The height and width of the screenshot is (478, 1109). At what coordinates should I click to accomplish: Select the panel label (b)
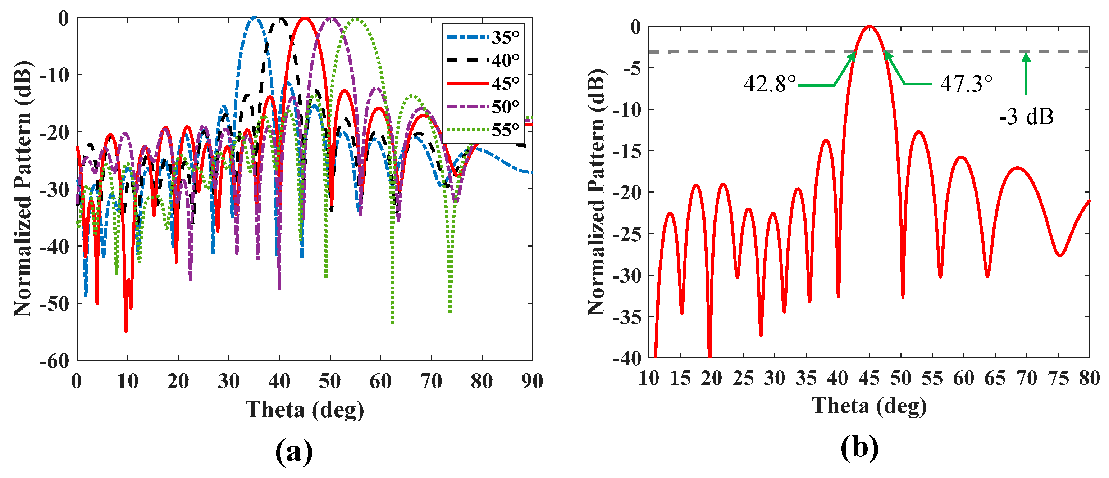(859, 448)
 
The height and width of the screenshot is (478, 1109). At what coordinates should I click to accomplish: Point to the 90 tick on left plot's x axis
(532, 382)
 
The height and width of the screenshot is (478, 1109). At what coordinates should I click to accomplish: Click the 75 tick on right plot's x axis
(1058, 378)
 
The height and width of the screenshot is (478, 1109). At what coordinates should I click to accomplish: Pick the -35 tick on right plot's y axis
(626, 317)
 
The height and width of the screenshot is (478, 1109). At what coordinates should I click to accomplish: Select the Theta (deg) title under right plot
(869, 406)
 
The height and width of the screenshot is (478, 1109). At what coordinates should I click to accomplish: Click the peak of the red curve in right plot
(869, 26)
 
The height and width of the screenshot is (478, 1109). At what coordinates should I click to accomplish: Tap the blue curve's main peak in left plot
(254, 18)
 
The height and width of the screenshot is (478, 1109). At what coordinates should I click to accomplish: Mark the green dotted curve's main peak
(356, 19)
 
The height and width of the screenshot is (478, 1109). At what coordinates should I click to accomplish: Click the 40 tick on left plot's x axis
(279, 382)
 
